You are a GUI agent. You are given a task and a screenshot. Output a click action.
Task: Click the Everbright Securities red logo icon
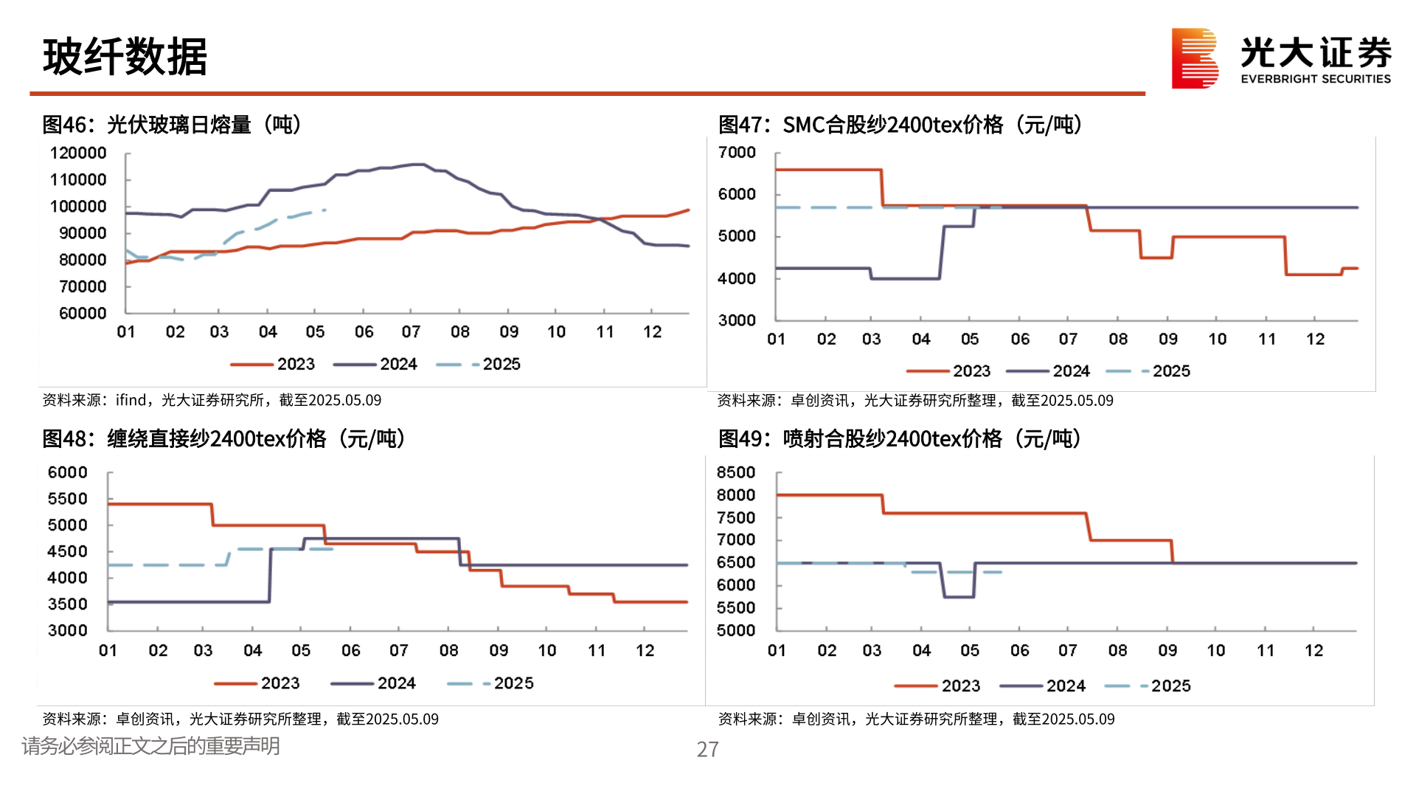tap(1194, 58)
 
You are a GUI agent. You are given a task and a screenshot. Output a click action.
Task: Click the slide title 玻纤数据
tap(125, 57)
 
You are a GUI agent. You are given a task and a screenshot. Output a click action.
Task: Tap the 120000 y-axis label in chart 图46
tap(78, 153)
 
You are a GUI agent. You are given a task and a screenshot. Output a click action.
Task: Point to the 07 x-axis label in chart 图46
tap(411, 332)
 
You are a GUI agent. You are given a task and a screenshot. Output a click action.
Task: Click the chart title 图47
tap(900, 125)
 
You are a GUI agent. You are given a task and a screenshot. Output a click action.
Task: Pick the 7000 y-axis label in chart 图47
tap(737, 152)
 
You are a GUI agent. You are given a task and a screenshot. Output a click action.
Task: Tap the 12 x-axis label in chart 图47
tap(1315, 339)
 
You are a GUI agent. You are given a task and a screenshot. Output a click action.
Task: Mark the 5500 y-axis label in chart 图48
tap(67, 499)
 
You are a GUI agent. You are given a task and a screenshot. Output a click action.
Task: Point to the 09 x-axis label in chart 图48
tap(499, 650)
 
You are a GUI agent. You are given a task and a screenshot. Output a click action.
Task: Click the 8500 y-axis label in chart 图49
tap(736, 472)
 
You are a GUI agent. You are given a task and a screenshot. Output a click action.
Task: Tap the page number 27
tap(707, 749)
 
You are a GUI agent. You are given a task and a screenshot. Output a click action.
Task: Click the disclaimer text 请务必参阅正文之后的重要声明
tap(151, 746)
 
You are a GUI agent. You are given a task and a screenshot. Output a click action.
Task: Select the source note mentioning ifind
tap(212, 400)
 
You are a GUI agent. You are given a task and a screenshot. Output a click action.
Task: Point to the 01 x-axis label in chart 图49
tap(777, 650)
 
